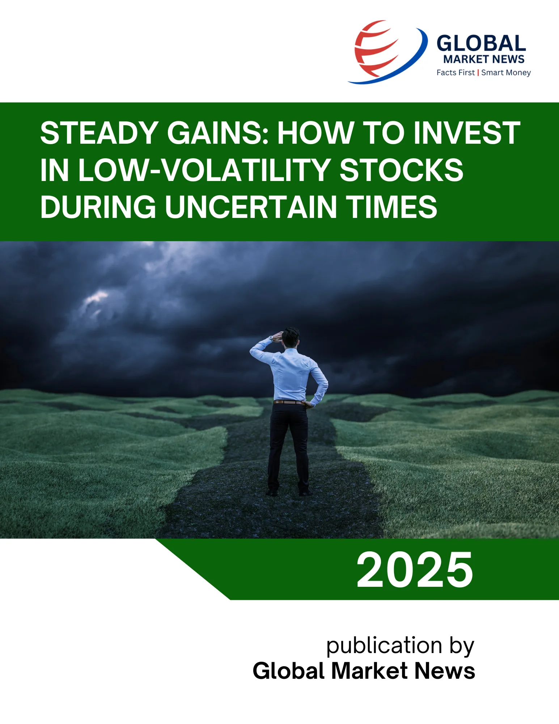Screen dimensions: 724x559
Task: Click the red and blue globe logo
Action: pyautogui.click(x=387, y=51)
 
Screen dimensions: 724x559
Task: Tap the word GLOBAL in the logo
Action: pyautogui.click(x=481, y=43)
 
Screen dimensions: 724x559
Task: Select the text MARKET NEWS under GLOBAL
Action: pyautogui.click(x=484, y=59)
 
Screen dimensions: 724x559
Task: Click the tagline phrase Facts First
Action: pyautogui.click(x=455, y=73)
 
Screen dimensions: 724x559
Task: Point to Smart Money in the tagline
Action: pyautogui.click(x=506, y=73)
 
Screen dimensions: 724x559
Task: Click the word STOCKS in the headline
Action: pyautogui.click(x=402, y=170)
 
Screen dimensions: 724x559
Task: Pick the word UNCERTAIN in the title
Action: pyautogui.click(x=251, y=207)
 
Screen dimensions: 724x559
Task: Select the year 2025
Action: pyautogui.click(x=415, y=571)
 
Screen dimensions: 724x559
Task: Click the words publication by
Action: pyautogui.click(x=400, y=646)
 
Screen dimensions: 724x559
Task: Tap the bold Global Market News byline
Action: pyautogui.click(x=364, y=671)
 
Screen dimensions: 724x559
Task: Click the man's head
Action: pyautogui.click(x=291, y=337)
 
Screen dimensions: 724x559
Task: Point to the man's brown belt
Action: pyautogui.click(x=288, y=402)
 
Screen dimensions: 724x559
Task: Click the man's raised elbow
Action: pyautogui.click(x=253, y=350)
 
